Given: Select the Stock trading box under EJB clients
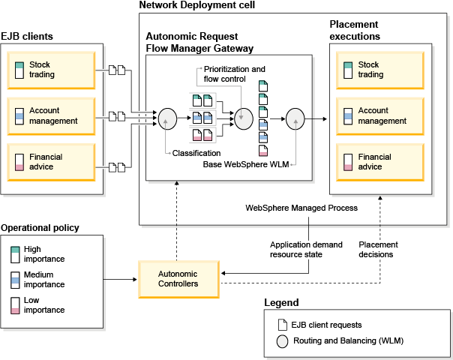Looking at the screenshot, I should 52,70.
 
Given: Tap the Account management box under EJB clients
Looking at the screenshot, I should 52,116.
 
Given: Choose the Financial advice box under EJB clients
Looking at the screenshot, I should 52,162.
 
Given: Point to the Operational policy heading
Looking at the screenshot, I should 40,227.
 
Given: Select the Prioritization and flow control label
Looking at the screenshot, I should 235,73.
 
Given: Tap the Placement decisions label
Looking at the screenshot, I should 378,250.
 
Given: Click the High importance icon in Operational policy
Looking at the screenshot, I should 15,254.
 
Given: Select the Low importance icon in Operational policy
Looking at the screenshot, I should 15,305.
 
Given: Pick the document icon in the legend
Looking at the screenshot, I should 282,325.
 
